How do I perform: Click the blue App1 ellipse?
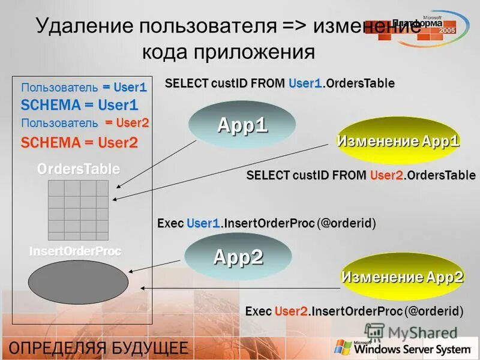point(242,125)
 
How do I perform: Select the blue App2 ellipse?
point(238,257)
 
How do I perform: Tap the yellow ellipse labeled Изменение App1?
point(398,142)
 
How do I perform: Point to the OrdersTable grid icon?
point(78,210)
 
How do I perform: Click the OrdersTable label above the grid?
point(79,169)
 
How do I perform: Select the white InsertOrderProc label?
point(76,251)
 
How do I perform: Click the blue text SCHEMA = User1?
point(79,105)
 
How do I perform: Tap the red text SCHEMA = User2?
point(79,143)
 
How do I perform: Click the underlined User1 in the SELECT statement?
point(305,83)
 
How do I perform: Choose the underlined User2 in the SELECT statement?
point(385,175)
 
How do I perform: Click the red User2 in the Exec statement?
point(291,311)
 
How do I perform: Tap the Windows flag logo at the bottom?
point(343,347)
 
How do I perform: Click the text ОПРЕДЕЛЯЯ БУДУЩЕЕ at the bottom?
point(97,347)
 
